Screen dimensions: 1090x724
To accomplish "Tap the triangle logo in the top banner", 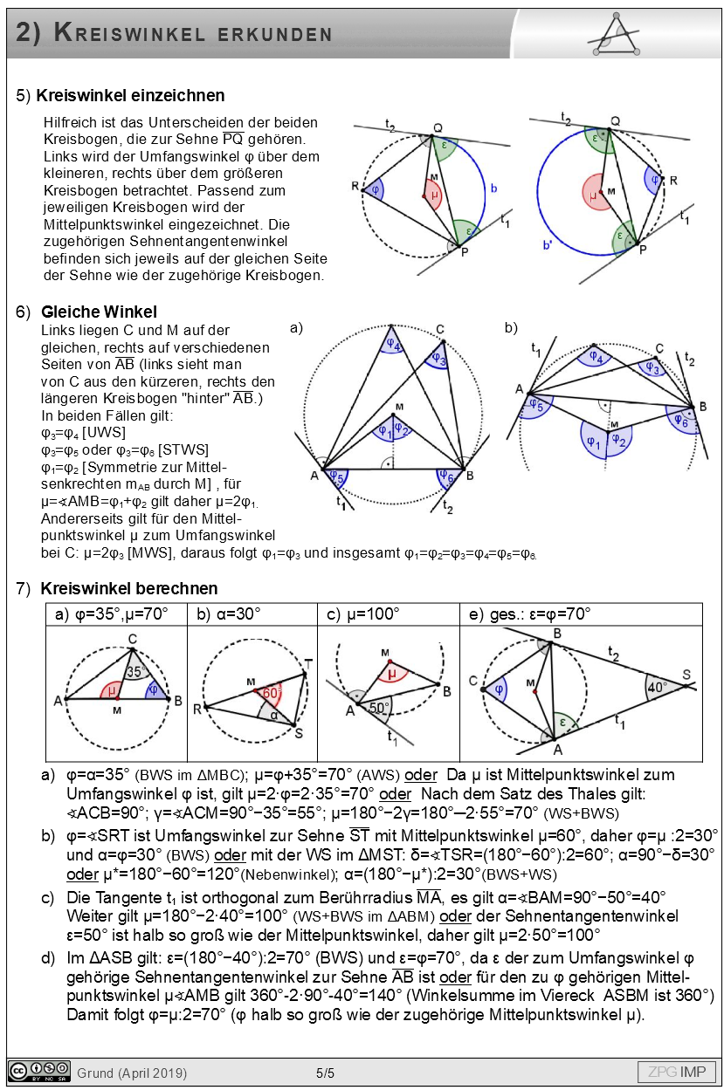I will click(621, 34).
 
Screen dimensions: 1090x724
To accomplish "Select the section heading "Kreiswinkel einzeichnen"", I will click(132, 95).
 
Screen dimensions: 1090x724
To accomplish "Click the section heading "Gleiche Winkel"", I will click(99, 312).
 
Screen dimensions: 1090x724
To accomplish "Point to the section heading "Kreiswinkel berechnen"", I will click(129, 588).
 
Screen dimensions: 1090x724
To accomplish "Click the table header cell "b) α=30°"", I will click(229, 614).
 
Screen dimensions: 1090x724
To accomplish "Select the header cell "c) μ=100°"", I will click(363, 614).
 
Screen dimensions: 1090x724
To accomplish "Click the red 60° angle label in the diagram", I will click(271, 693).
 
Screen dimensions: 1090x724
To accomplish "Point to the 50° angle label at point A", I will click(378, 708).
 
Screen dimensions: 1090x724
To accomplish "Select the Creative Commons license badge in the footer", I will click(39, 1071).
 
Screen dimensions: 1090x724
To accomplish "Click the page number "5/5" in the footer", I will click(325, 1073).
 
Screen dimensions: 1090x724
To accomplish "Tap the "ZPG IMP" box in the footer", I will click(676, 1072).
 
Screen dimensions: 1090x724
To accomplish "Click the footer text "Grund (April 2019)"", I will click(132, 1073).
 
